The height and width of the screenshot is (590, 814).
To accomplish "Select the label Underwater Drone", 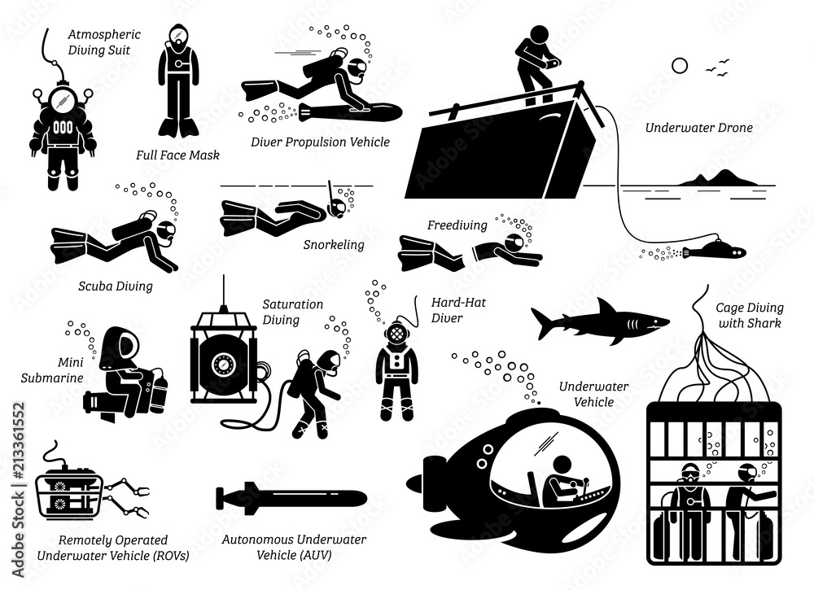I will coord(698,128).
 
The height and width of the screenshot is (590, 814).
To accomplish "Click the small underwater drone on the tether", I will coord(707,249).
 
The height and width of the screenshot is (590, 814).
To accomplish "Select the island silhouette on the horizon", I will coord(716,177).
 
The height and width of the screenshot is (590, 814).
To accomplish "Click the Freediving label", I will coord(457,225).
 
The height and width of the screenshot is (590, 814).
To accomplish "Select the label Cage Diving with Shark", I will coord(749,315).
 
